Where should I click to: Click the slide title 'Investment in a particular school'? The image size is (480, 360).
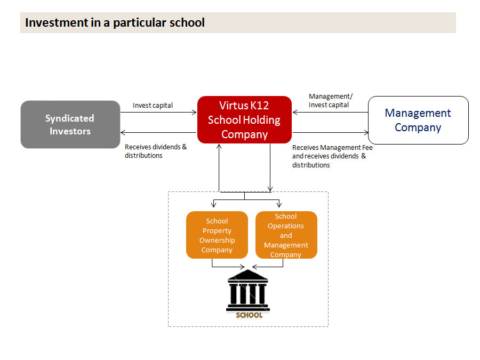[115, 23]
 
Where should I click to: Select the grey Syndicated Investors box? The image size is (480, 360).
[70, 125]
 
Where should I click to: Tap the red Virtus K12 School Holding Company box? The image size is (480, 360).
[244, 120]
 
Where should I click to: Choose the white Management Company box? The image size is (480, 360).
[418, 120]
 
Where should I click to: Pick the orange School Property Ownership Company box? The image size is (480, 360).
[217, 235]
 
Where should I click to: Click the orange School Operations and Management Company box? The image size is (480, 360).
[286, 235]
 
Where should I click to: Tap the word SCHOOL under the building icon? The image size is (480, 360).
[249, 315]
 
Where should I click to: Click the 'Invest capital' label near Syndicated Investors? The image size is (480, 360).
[153, 106]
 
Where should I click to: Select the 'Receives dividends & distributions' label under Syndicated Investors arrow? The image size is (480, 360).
[156, 151]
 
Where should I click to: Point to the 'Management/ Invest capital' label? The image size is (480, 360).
[330, 101]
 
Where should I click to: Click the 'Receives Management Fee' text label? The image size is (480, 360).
[332, 147]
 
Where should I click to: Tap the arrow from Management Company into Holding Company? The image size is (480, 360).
[330, 113]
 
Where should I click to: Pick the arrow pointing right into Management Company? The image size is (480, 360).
[330, 132]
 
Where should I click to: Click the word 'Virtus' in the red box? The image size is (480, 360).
[233, 106]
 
